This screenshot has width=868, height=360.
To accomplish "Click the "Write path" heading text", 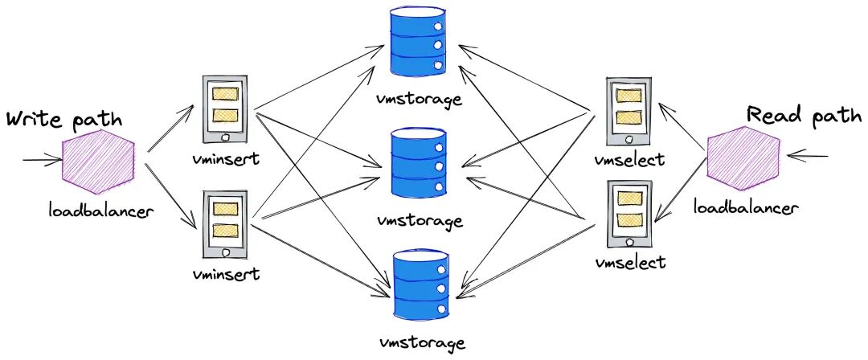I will (x=64, y=121).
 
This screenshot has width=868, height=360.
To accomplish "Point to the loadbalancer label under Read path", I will (x=746, y=209).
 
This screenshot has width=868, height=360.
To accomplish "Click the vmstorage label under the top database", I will (x=419, y=100).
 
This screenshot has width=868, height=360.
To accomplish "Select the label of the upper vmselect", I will (x=630, y=159).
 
